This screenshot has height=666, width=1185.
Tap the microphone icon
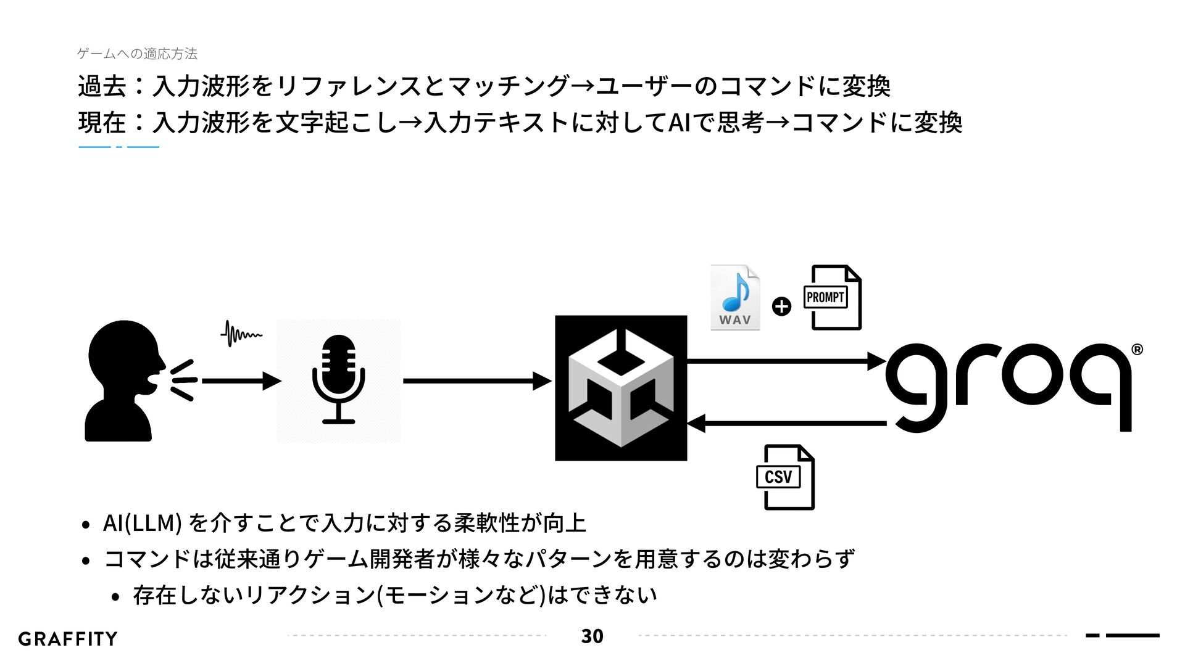coord(338,380)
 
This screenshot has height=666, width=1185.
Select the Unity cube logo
coord(621,388)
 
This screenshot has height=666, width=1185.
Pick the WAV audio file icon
coord(734,298)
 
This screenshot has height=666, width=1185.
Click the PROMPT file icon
coord(833,298)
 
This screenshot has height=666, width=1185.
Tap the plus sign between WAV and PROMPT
coord(782,306)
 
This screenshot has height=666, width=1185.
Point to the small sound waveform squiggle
coord(241,334)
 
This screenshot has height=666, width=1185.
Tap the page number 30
coord(592,636)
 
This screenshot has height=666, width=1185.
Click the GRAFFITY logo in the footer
coord(68,639)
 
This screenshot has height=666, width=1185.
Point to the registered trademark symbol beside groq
coord(1137,350)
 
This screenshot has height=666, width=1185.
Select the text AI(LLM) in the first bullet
coord(141,523)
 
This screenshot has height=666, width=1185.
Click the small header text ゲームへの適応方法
coord(137,54)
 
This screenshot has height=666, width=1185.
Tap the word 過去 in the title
coord(102,86)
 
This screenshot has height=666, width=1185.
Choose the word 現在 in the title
coord(102,122)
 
